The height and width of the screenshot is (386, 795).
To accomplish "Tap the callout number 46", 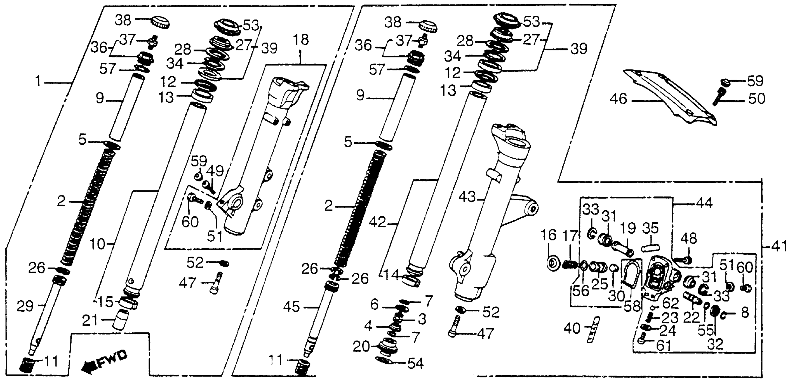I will [619, 99].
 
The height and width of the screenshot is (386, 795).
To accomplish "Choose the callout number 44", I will [704, 204].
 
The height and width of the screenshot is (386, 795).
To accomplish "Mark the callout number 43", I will [467, 197].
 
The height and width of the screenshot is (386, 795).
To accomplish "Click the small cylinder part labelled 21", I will [121, 321].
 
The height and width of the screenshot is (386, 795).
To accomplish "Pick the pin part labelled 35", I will [651, 247].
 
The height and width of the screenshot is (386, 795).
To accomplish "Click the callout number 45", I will [292, 307].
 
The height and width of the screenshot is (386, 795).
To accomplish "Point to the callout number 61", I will [664, 346].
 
